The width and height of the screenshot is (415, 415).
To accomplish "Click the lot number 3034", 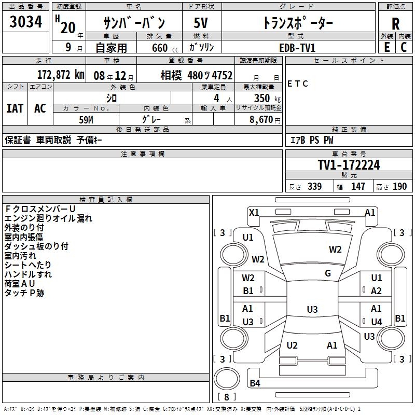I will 26,23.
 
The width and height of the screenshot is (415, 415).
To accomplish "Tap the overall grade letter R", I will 395,24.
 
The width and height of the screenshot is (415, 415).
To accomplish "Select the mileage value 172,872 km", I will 61,75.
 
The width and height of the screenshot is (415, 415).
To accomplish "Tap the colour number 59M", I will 87,119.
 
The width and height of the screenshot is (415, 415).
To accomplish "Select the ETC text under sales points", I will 298,84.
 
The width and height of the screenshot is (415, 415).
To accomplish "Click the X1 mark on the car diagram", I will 254,212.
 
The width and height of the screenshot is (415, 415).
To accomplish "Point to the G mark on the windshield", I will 328,273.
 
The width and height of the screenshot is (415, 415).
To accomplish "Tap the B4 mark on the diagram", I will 255,383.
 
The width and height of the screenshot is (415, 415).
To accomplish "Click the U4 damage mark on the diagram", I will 377,322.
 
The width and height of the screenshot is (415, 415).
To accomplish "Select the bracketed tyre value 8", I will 226,397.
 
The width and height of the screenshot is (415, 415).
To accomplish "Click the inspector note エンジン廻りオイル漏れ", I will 48,218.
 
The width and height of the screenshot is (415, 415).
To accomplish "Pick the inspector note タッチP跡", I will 24,293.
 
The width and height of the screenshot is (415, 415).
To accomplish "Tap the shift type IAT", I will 15,108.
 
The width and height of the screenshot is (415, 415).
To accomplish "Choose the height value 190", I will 399,187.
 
